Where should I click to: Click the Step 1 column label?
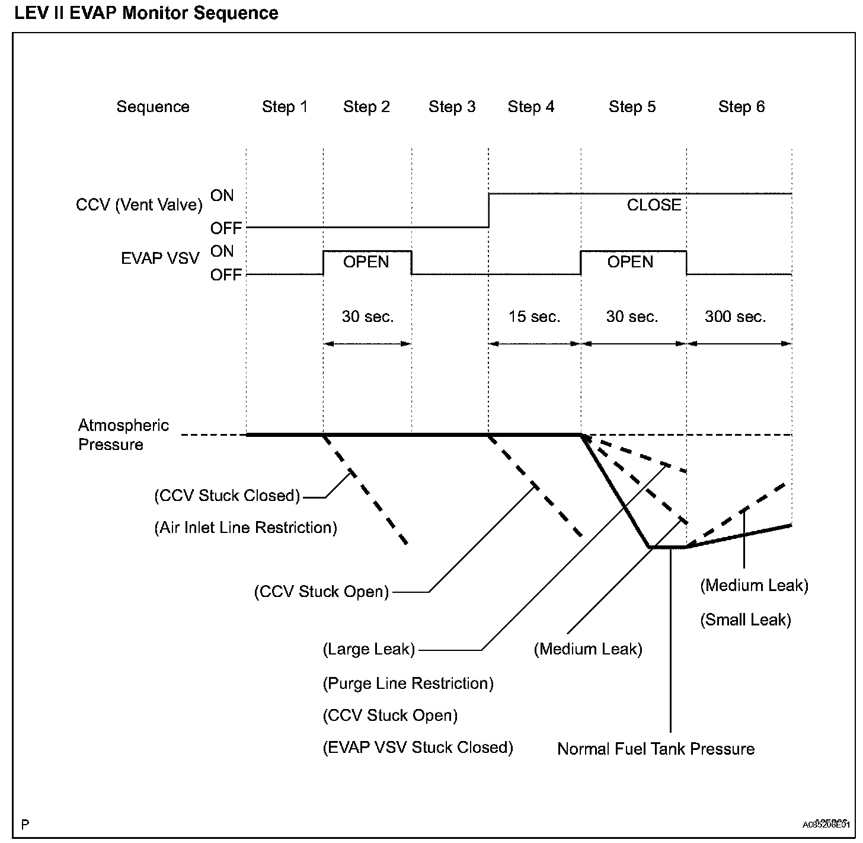tap(285, 107)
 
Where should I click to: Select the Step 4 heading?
tap(531, 107)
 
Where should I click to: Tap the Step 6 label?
tap(741, 107)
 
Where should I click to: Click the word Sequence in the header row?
tap(153, 107)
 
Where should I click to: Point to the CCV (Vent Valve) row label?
tap(139, 205)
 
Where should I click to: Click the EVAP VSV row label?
tap(160, 258)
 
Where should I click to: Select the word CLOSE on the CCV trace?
tap(654, 205)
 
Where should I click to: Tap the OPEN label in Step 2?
tap(366, 262)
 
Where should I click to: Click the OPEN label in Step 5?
tap(630, 262)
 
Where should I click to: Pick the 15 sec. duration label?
tap(534, 317)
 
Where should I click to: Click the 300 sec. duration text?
tap(735, 317)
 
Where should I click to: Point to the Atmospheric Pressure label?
tap(123, 435)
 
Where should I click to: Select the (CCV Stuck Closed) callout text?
tap(227, 496)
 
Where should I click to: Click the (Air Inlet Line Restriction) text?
tap(245, 528)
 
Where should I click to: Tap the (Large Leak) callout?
tap(369, 649)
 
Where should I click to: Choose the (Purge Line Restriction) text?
tap(408, 684)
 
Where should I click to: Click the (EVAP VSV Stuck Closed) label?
tap(418, 748)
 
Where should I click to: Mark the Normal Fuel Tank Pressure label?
tap(656, 749)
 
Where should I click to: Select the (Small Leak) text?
tap(746, 620)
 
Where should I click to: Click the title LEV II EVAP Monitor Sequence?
tap(146, 13)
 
